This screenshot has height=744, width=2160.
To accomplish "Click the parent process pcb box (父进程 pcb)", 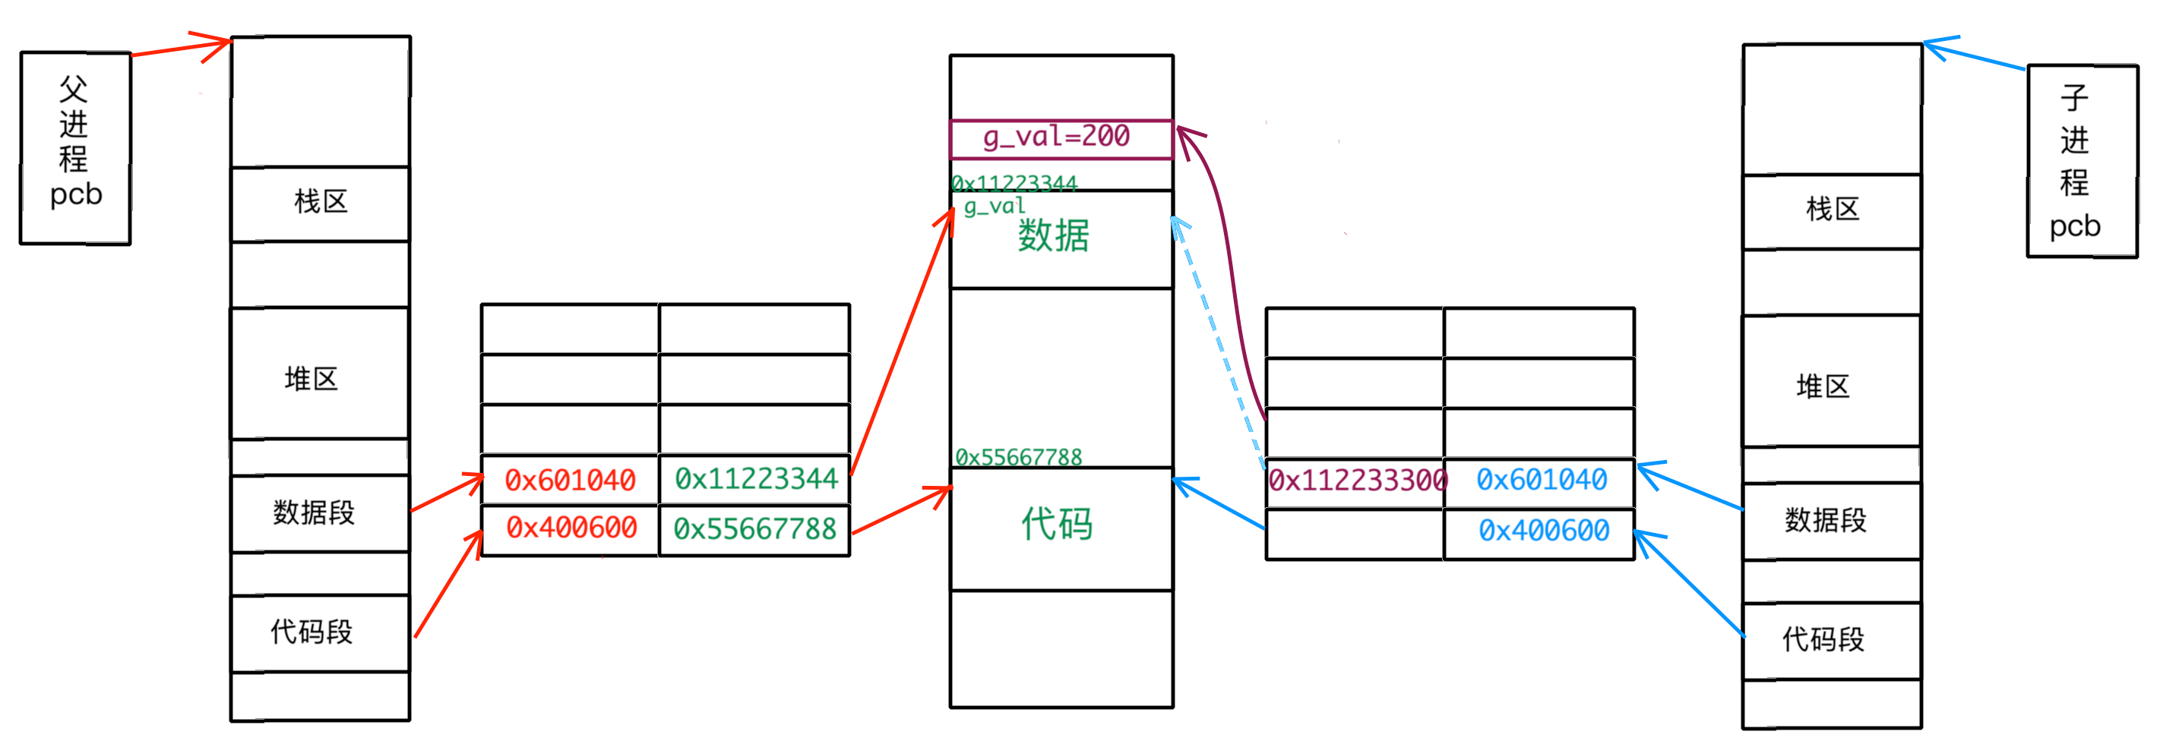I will pos(75,148).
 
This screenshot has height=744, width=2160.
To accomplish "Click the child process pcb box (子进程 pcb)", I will pos(2081,161).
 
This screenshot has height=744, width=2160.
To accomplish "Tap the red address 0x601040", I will pos(569,480).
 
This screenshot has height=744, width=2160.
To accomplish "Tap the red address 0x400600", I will pos(571,528).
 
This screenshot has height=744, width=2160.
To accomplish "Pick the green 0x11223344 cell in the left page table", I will pos(755,478).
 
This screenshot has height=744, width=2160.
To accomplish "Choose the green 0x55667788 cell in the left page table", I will pos(754,528).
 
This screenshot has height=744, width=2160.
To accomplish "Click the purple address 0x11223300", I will pos(1356,480).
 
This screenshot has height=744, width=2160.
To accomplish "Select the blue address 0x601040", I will pos(1542,480).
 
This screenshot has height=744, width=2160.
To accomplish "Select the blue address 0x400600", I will pos(1543,531).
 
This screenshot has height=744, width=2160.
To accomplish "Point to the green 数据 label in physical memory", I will pos(1053,236).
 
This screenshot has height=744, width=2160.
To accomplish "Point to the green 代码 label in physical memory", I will pos(1057,525).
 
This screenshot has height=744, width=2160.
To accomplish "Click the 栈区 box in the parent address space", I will pos(321,203).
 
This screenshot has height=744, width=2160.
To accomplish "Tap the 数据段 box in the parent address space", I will pos(315,512).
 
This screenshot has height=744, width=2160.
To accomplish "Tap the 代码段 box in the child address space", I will pos(1823,639).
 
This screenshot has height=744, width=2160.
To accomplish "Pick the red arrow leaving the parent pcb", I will pos(180,49).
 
